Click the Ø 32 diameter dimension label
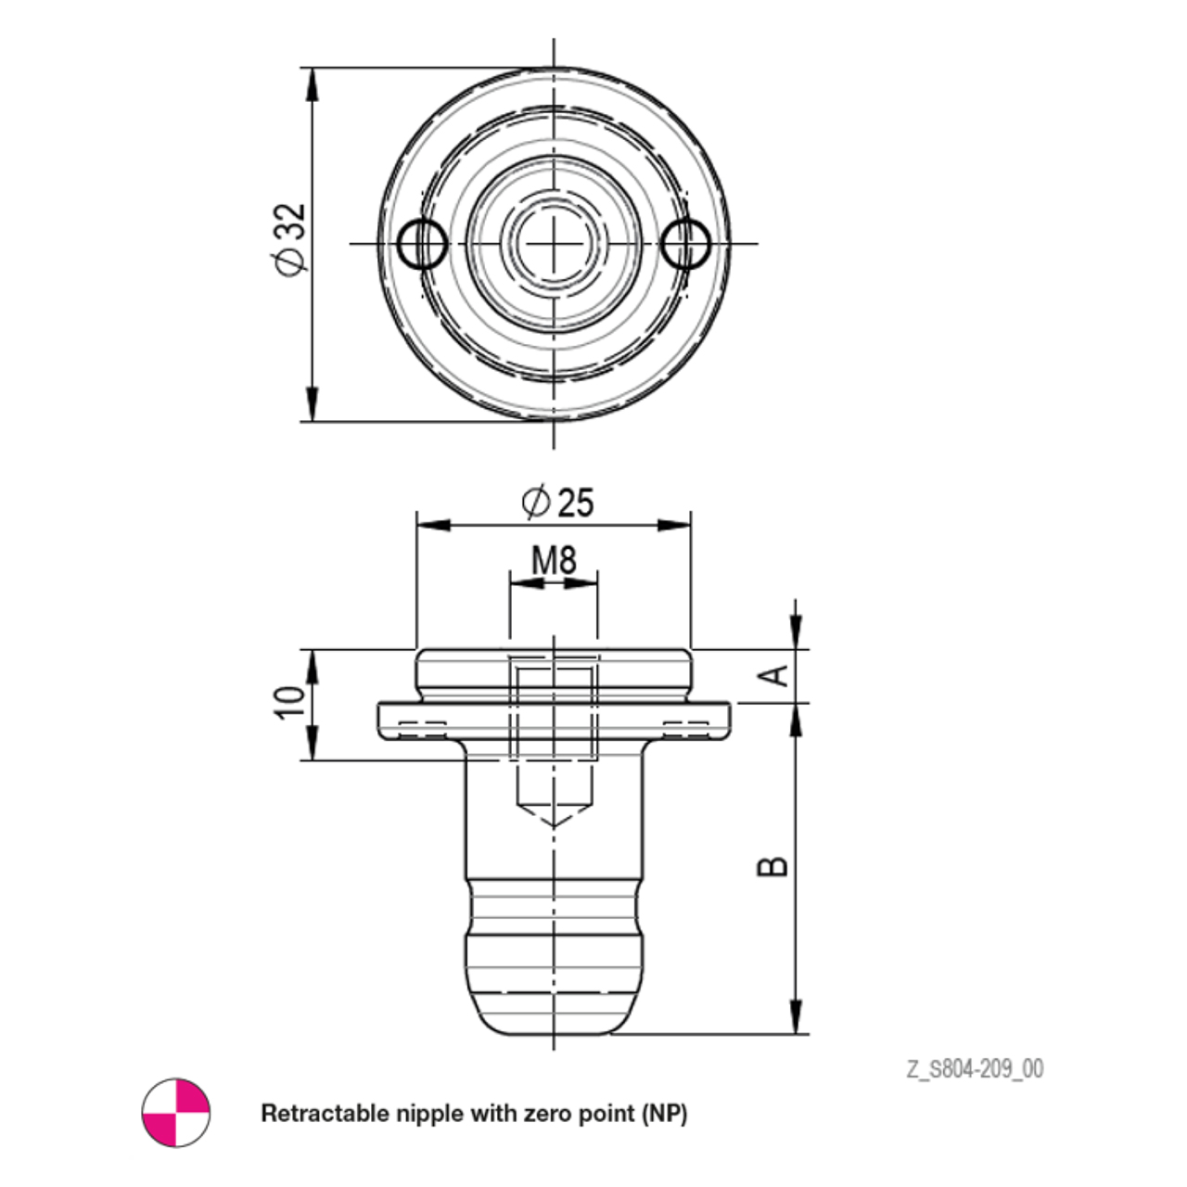click(x=291, y=240)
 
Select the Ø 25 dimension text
click(x=557, y=502)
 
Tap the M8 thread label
click(x=554, y=560)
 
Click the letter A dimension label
click(x=780, y=676)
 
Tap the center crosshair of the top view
click(x=554, y=243)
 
